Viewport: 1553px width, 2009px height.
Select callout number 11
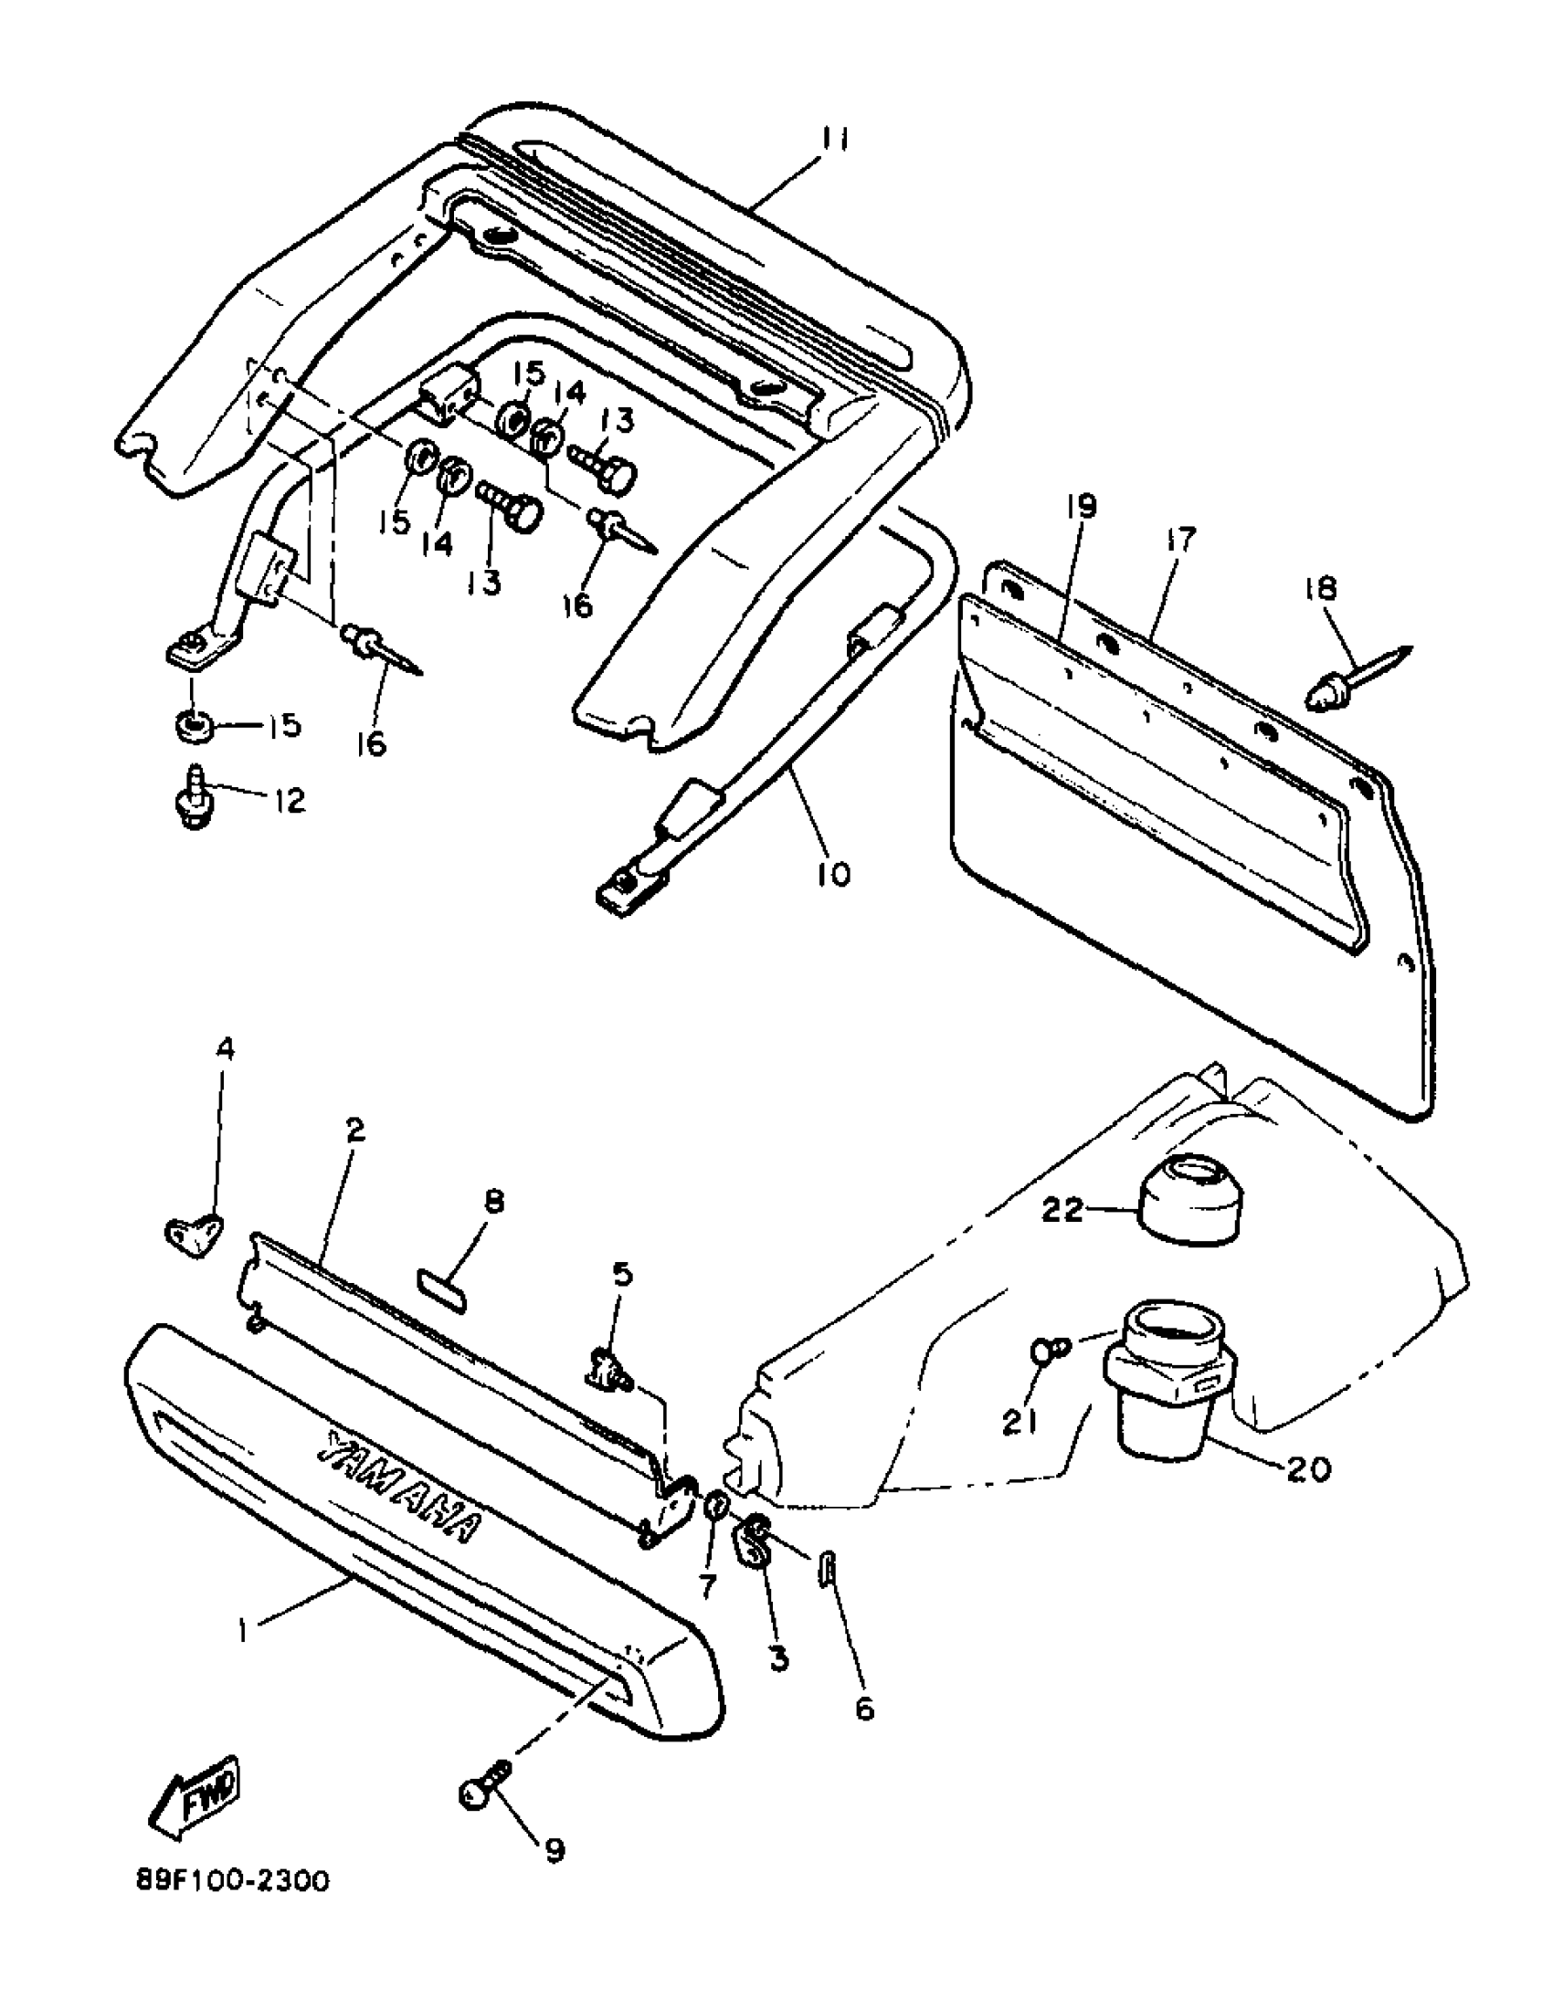pos(834,140)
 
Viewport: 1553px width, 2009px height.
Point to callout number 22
pos(1063,1211)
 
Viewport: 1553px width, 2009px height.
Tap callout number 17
pos(1181,539)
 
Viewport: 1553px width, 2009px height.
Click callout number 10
pos(833,872)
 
